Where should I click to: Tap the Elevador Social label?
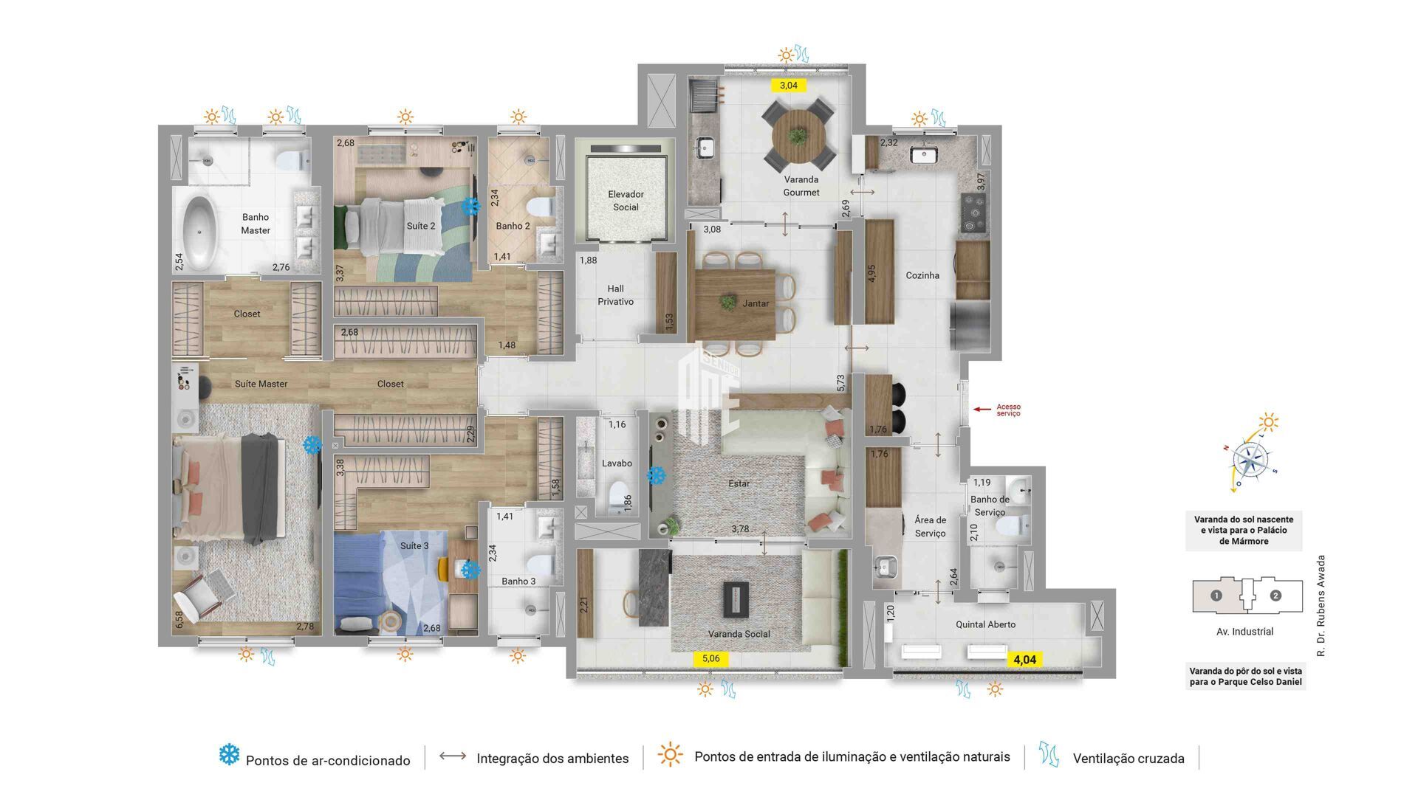(x=626, y=201)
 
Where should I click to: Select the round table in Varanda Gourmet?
(x=798, y=136)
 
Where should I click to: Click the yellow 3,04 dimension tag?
(x=789, y=85)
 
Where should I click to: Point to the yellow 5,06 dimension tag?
(x=710, y=658)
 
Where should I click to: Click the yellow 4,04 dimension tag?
(x=1024, y=660)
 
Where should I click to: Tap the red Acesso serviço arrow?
(x=982, y=409)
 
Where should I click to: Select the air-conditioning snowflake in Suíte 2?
(x=470, y=206)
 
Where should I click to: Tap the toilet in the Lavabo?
(x=614, y=499)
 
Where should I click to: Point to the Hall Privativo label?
(x=615, y=295)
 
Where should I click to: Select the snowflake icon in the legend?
(x=230, y=754)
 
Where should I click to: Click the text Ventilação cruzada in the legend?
(x=1128, y=758)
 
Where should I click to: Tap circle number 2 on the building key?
(x=1275, y=596)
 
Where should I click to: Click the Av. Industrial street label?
(x=1244, y=632)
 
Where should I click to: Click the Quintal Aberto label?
(x=985, y=624)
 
